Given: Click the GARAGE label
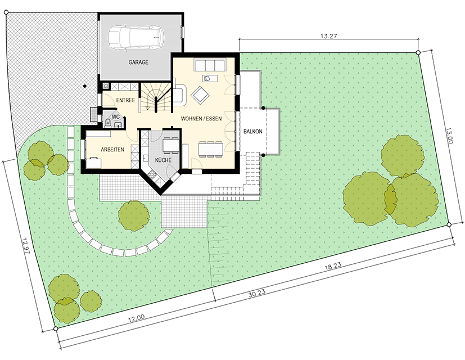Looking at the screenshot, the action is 138,62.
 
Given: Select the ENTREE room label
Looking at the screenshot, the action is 125,100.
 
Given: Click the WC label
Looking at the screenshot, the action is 116,117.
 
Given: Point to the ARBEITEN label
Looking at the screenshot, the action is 112,150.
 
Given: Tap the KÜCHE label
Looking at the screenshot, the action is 164,160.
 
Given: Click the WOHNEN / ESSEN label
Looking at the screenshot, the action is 201,119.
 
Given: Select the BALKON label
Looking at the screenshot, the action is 253,131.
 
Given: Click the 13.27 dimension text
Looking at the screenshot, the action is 329,36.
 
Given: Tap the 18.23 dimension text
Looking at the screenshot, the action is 333,266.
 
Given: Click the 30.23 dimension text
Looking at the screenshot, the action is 257,293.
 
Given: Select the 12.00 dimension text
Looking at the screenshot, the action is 137,319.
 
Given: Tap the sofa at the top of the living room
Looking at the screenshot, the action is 210,65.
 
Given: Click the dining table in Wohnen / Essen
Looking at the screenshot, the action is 210,149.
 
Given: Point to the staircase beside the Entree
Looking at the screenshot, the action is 155,97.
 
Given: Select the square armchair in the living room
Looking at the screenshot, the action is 200,95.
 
